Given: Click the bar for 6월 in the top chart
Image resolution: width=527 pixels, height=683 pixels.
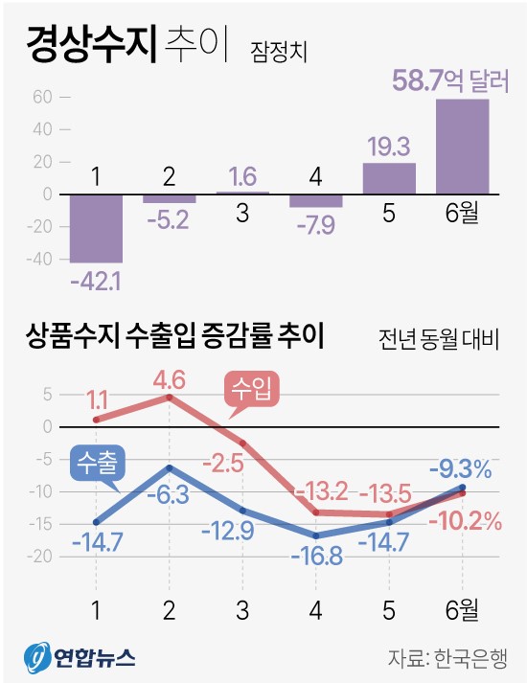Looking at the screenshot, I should tap(462, 146).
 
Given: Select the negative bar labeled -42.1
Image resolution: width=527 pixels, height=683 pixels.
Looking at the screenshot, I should tap(96, 227).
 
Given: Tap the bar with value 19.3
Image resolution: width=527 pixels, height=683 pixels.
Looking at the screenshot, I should tap(389, 178).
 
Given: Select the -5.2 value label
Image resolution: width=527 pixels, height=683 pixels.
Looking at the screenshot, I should tap(170, 219).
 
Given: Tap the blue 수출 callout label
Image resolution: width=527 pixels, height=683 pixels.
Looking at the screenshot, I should tap(99, 463).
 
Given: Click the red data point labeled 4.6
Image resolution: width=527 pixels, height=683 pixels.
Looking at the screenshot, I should tap(170, 397).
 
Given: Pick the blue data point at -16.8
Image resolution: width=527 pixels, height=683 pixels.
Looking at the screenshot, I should tap(316, 535).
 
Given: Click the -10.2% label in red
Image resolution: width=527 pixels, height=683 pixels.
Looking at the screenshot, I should tap(465, 522).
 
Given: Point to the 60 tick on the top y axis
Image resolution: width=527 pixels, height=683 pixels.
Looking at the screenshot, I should tap(40, 97).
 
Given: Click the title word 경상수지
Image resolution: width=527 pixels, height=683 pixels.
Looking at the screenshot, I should tap(90, 44).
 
